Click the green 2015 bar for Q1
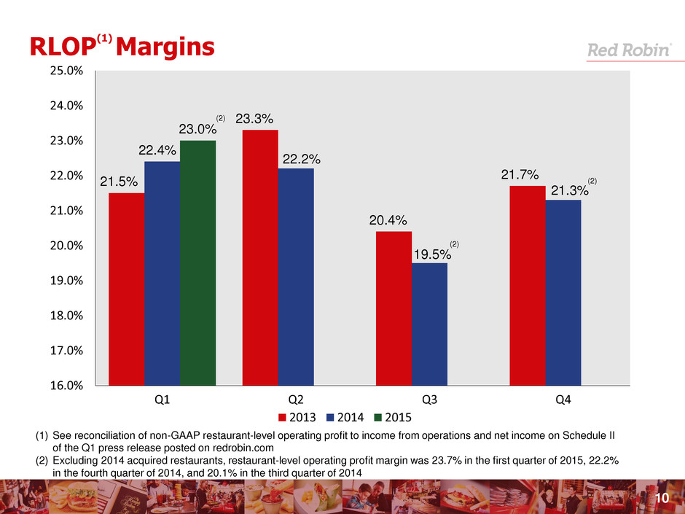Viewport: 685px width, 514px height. (x=197, y=262)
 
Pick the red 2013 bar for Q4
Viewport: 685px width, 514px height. (x=527, y=285)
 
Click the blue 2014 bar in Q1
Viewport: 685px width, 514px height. (x=162, y=273)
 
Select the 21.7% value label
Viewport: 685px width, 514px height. (x=520, y=175)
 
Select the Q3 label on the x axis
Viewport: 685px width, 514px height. (x=429, y=400)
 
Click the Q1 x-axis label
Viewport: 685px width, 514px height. (x=162, y=400)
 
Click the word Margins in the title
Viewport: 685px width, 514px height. (x=165, y=47)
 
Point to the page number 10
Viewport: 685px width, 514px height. (x=662, y=498)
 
